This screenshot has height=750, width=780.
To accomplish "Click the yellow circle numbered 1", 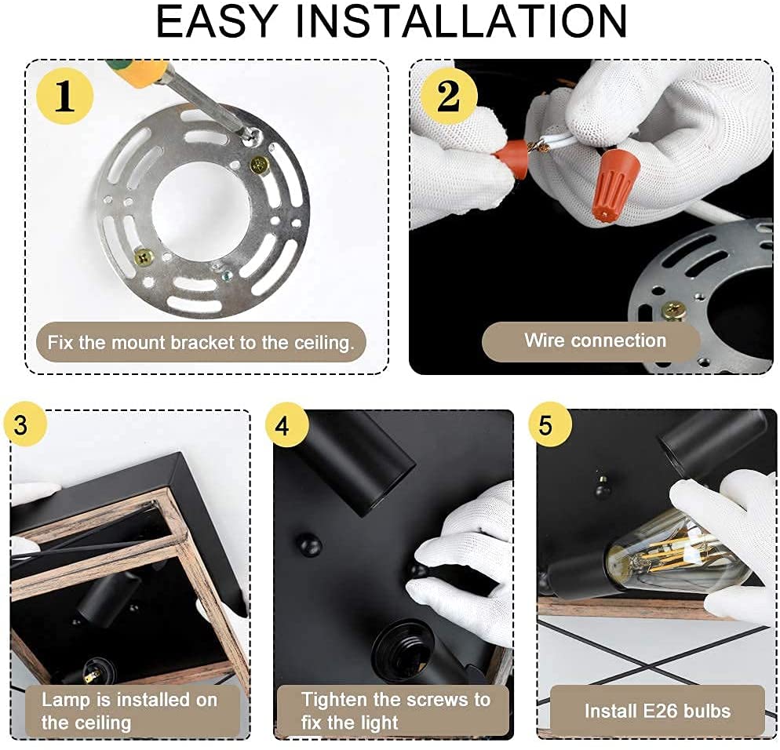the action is click(x=65, y=96).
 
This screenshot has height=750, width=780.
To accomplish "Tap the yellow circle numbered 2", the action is click(x=449, y=96).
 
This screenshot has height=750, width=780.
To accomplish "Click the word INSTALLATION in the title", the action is click(x=461, y=21).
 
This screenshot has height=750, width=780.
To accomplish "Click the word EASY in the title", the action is click(x=217, y=21).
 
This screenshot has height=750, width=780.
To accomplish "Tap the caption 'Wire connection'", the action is click(x=595, y=340).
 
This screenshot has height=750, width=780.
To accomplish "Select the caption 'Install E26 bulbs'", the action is click(x=657, y=711).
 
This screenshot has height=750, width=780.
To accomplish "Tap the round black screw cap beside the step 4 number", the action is click(x=309, y=547).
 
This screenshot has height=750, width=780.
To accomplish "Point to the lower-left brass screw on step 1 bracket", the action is click(x=144, y=256).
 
